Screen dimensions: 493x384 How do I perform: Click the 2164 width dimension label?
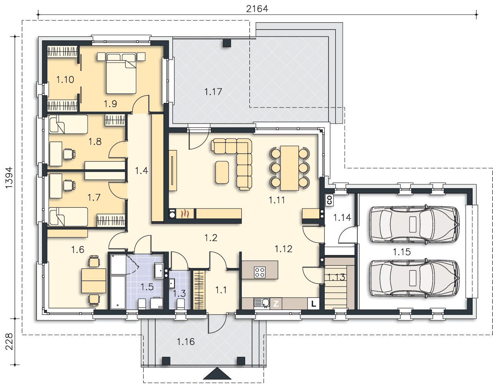pyautogui.click(x=257, y=9)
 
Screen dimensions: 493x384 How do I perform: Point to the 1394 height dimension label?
pyautogui.click(x=9, y=177)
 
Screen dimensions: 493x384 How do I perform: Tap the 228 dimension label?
pyautogui.click(x=9, y=341)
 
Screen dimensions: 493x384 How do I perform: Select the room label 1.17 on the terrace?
pyautogui.click(x=213, y=92)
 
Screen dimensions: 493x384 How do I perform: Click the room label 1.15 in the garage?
pyautogui.click(x=402, y=252)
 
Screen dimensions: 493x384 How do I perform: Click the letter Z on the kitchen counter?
pyautogui.click(x=276, y=303)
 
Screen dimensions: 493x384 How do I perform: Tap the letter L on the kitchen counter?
pyautogui.click(x=313, y=303)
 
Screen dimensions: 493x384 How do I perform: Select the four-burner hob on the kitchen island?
pyautogui.click(x=259, y=272)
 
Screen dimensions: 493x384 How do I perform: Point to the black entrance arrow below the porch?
pyautogui.click(x=217, y=373)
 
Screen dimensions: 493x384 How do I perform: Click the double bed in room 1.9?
pyautogui.click(x=121, y=73)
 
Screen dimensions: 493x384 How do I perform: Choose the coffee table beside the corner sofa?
pyautogui.click(x=222, y=172)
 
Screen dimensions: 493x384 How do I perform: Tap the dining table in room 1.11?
pyautogui.click(x=289, y=168)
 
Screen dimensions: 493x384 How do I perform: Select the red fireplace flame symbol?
pyautogui.click(x=186, y=214)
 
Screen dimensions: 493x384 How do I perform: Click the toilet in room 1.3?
pyautogui.click(x=181, y=304)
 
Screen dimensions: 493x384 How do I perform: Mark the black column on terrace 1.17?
pyautogui.click(x=227, y=43)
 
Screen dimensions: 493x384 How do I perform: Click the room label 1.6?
pyautogui.click(x=78, y=250)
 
